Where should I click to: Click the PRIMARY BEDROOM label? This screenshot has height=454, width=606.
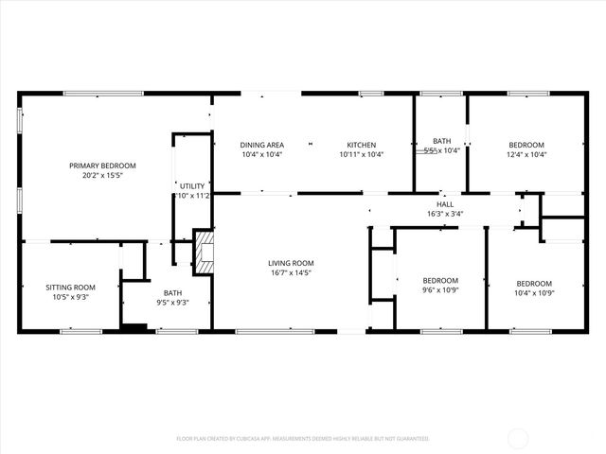point(102,166)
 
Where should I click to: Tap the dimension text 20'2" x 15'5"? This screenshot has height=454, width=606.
point(102,176)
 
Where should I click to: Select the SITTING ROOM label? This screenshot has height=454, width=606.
point(71,287)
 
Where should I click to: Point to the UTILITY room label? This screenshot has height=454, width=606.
point(192,185)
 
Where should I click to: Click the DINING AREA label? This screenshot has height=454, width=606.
point(262,144)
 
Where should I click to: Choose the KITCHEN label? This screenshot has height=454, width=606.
point(362,144)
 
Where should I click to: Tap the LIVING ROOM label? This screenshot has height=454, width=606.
point(291,263)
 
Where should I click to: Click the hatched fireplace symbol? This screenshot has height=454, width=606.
point(204,253)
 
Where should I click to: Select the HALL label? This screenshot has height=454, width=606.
point(445,203)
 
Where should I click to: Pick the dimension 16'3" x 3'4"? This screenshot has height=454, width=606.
point(445,214)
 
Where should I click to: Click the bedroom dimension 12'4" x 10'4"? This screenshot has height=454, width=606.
point(526,154)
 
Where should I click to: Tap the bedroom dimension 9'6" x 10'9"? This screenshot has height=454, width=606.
point(440,290)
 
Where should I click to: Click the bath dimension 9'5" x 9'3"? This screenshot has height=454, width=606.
point(172,303)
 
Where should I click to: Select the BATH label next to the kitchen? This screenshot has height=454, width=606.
point(441,140)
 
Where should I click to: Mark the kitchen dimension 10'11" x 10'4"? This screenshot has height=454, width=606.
point(362,154)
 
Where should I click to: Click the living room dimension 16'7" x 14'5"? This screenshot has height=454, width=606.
point(291,273)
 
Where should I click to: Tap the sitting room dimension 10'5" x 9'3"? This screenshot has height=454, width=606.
point(71,297)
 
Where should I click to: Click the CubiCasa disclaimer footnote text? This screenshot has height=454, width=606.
point(303,439)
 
